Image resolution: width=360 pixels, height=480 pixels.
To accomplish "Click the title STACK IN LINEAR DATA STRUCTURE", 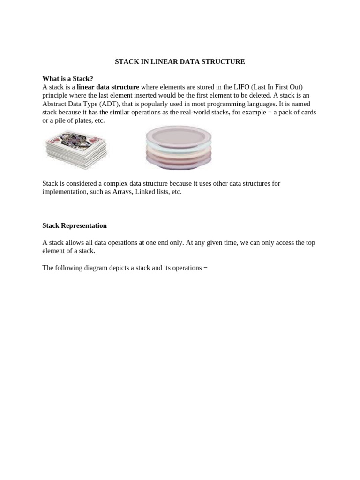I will click(x=180, y=61).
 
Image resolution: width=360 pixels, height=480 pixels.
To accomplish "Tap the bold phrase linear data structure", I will click(x=108, y=87).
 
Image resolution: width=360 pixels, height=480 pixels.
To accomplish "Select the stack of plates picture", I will click(x=179, y=147).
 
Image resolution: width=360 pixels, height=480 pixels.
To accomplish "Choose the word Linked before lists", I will click(x=145, y=192).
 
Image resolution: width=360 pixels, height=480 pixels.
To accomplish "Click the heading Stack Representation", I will click(x=75, y=225).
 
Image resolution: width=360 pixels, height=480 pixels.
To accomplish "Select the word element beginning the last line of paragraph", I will click(x=54, y=251).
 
